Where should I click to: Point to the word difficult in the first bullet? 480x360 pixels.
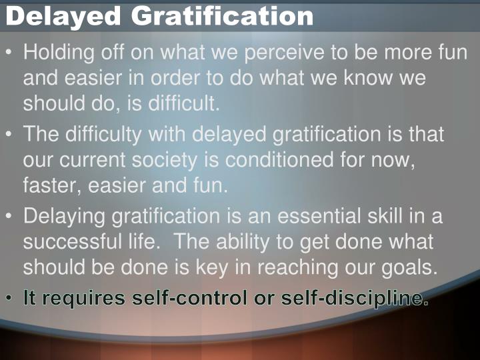tap(180, 104)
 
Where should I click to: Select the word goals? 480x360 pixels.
tap(411, 267)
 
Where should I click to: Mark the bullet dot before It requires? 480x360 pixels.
tap(9, 299)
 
